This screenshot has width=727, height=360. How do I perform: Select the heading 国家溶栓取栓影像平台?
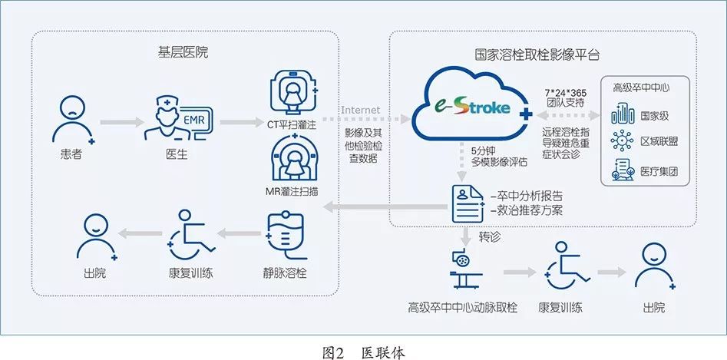pyautogui.click(x=537, y=56)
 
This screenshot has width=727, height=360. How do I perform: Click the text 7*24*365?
pyautogui.click(x=565, y=91)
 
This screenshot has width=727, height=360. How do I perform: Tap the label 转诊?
pyautogui.click(x=489, y=238)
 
